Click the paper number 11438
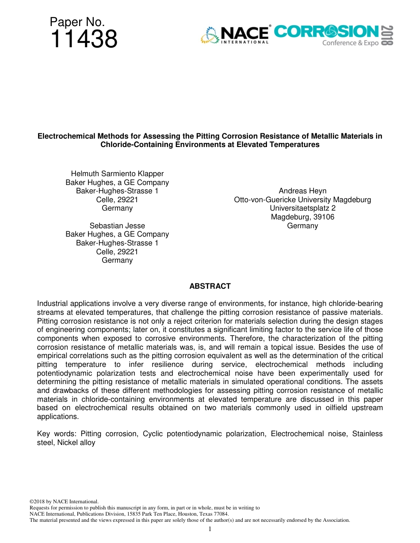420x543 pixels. coord(84,39)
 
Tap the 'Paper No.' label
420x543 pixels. coord(77,22)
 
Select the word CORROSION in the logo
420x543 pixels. coord(326,31)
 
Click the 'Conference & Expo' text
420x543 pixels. coord(350,43)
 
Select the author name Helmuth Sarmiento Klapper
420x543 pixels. coord(117,174)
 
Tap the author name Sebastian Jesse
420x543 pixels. coord(117,226)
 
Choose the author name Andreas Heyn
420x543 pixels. coord(302,191)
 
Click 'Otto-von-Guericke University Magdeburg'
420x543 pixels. coord(302,200)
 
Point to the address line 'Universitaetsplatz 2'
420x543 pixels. coord(302,208)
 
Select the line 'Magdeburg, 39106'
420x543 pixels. coord(302,217)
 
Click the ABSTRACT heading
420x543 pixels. coord(210,286)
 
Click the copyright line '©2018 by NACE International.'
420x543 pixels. coord(64,502)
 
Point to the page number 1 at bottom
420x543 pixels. coord(210,529)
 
